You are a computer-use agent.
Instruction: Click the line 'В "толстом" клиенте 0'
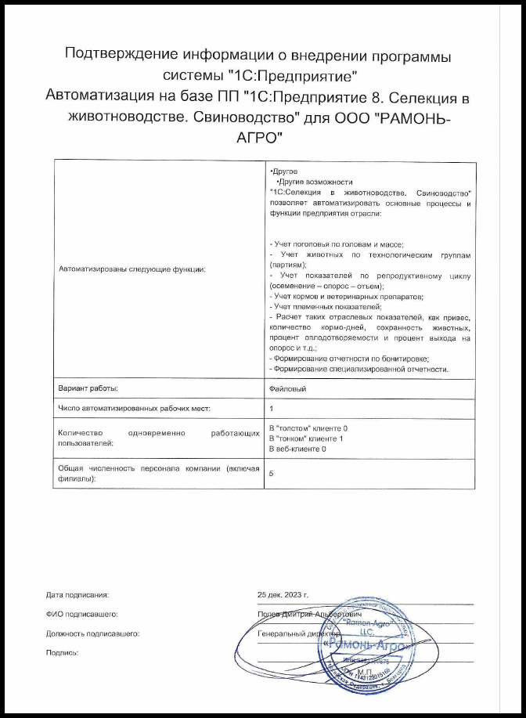[308, 429]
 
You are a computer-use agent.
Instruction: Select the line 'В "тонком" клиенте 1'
[306, 438]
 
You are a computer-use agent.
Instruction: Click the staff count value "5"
[271, 474]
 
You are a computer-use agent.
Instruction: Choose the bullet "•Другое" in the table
[283, 171]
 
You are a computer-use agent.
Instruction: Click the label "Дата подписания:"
[77, 595]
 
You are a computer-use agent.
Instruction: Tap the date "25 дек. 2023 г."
[288, 595]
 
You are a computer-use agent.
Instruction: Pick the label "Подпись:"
[63, 652]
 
